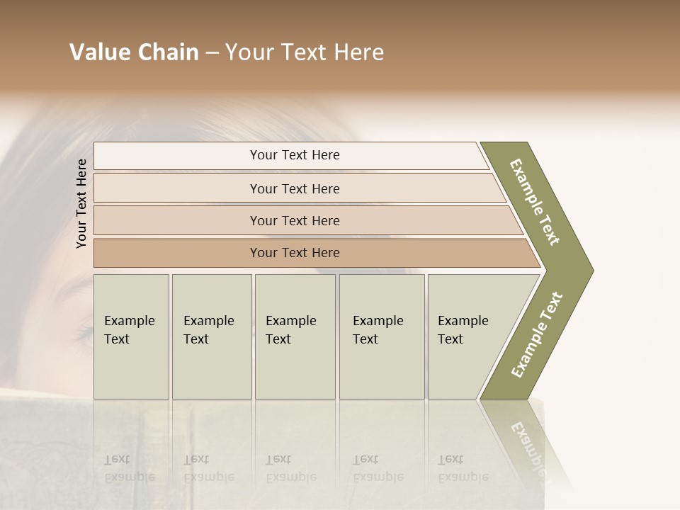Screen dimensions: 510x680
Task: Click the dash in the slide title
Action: point(212,53)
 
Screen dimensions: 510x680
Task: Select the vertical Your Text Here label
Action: point(81,203)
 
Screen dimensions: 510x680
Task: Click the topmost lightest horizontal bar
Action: point(294,155)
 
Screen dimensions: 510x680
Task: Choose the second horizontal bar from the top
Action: point(294,188)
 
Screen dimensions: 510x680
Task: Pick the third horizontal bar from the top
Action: point(294,220)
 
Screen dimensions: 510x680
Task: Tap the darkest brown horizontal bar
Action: point(294,253)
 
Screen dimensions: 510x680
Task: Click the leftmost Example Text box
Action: point(131,336)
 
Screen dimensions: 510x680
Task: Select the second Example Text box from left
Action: point(211,336)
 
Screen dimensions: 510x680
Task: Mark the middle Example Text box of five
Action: point(295,336)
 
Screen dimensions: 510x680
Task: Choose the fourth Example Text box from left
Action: point(382,336)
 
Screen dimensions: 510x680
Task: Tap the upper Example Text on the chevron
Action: point(535,202)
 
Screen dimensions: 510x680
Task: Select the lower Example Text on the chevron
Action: point(537,334)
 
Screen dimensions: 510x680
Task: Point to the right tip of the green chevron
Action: point(592,270)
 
